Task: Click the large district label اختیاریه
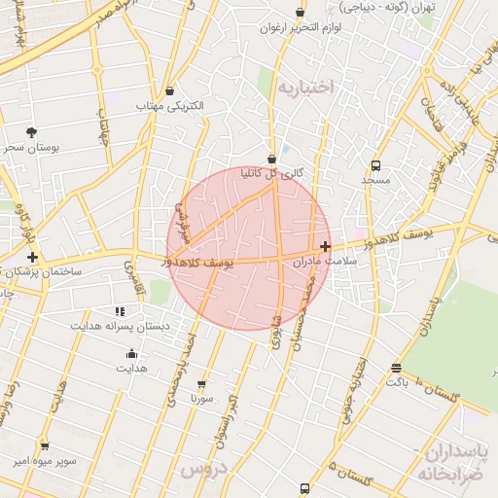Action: coord(304,88)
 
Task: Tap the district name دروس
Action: coord(202,468)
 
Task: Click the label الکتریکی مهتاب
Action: coord(171,104)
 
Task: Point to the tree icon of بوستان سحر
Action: coord(32,131)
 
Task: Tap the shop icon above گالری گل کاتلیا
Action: coord(271,159)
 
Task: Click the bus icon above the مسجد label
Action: coord(375,165)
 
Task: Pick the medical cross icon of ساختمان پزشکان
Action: coord(33,257)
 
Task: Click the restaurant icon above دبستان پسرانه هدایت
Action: coord(120,311)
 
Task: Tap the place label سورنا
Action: coord(201,398)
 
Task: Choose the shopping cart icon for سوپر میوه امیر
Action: coord(44,446)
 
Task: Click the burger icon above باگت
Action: coord(395,368)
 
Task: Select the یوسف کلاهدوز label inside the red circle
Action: coord(200,264)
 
